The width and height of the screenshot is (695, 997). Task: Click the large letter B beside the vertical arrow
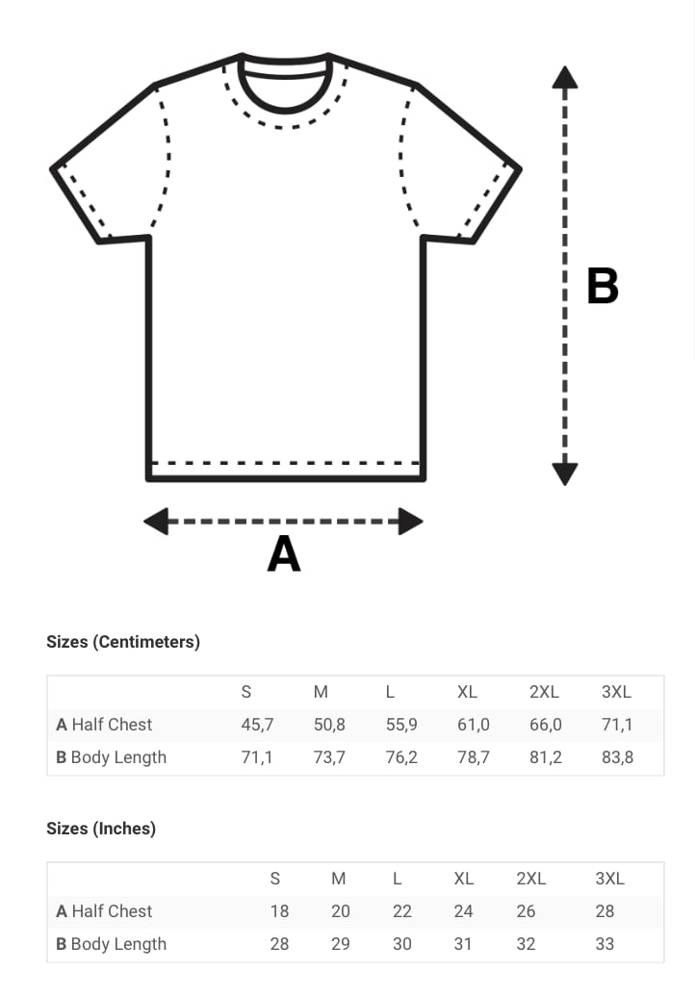[x=603, y=286]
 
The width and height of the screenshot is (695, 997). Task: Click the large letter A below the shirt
[x=284, y=553]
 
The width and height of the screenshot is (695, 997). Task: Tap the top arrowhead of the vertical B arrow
[x=565, y=77]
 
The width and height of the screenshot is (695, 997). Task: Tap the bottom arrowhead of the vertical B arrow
[x=565, y=474]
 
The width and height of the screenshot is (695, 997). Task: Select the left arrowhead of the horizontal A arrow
[x=156, y=522]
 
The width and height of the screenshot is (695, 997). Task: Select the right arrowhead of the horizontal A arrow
[x=411, y=522]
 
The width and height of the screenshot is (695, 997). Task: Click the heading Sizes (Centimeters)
[x=123, y=642]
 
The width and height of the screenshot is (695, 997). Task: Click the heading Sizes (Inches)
[x=101, y=829]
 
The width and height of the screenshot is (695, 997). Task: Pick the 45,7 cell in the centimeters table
[x=258, y=725]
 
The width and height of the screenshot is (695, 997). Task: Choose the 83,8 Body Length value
[x=617, y=757]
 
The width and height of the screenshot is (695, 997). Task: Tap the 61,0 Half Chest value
[x=474, y=725]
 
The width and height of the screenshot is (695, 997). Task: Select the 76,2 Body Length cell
[x=401, y=757]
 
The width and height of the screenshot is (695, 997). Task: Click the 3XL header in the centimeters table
[x=616, y=692]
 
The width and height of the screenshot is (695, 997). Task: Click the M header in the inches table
[x=338, y=879]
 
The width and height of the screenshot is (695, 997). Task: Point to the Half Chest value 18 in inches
[x=279, y=911]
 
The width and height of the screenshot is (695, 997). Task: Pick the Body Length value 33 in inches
[x=605, y=944]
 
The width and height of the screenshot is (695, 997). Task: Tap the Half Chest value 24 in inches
[x=464, y=911]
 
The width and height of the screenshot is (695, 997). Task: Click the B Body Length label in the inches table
[x=112, y=944]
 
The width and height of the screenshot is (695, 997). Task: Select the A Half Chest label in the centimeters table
[x=104, y=725]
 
